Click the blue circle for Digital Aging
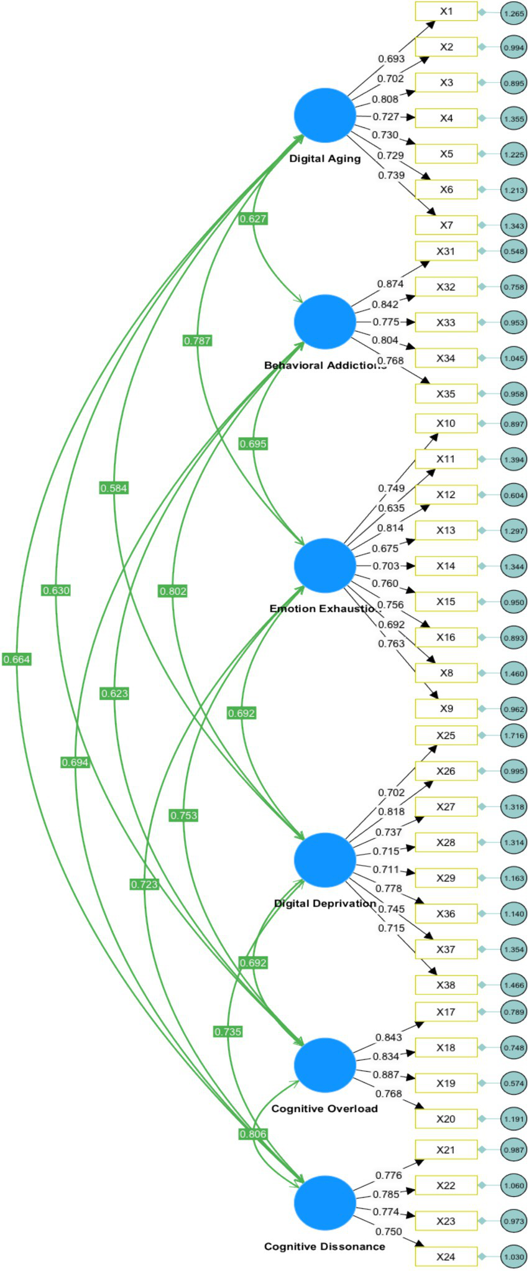tap(324, 116)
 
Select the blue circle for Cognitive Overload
tap(324, 1065)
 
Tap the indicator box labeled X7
tap(446, 225)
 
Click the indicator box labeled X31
tap(446, 251)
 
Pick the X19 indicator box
tap(446, 1083)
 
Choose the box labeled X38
tap(446, 984)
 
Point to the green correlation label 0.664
tap(17, 659)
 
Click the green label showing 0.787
tap(197, 341)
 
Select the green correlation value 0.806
tap(253, 1134)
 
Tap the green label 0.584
tap(114, 488)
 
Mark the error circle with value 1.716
tap(513, 736)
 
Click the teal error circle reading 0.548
tap(513, 252)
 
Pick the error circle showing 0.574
tap(513, 1083)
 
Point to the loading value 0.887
tap(386, 1075)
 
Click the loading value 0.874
tap(390, 284)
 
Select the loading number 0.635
tap(391, 508)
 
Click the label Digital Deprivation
tap(324, 903)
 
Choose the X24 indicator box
tap(446, 1256)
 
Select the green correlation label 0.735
tap(228, 1032)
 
